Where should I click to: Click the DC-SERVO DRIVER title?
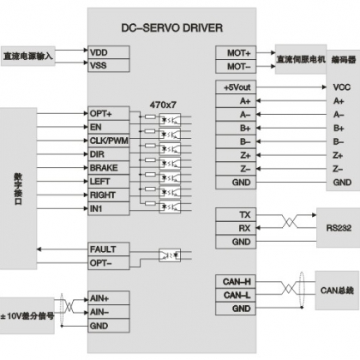172,28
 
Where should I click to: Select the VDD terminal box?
109,52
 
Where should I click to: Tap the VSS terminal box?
109,65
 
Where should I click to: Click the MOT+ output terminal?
236,53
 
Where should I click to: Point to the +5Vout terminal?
236,87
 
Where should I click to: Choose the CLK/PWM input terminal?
109,141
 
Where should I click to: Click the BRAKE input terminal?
109,168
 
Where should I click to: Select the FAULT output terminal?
109,249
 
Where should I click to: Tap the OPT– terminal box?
109,262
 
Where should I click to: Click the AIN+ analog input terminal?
109,298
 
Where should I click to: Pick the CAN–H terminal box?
236,282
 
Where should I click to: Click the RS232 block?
338,228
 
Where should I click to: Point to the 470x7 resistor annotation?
163,105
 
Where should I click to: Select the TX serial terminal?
236,215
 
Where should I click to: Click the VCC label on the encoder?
341,87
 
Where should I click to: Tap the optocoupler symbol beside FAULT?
170,255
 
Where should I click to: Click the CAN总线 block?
337,291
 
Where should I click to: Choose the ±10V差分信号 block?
27,315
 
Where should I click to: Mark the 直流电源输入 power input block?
28,56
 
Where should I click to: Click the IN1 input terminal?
109,208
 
